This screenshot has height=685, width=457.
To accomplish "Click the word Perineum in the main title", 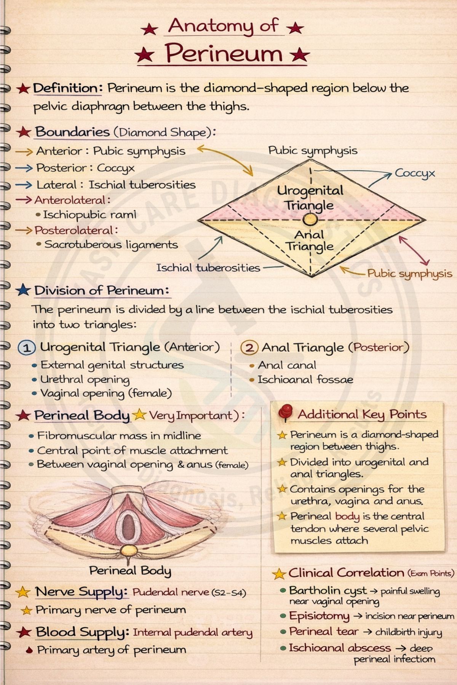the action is pyautogui.click(x=224, y=54).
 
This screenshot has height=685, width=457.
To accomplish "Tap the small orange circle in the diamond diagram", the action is pyautogui.click(x=310, y=220).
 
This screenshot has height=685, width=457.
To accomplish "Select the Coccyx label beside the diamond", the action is pyautogui.click(x=415, y=174).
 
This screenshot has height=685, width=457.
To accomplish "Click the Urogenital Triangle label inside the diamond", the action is pyautogui.click(x=310, y=198).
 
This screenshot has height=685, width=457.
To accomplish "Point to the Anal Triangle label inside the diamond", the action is pyautogui.click(x=310, y=241).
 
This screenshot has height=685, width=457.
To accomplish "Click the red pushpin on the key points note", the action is pyautogui.click(x=285, y=414).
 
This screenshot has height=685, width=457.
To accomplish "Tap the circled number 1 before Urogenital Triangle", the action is pyautogui.click(x=27, y=348).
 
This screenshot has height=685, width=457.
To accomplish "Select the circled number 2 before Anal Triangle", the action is pyautogui.click(x=249, y=348).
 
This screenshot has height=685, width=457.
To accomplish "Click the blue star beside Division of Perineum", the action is pyautogui.click(x=24, y=290).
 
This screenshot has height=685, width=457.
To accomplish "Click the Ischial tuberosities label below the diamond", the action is pyautogui.click(x=208, y=268).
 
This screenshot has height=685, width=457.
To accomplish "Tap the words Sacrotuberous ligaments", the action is pyautogui.click(x=111, y=245).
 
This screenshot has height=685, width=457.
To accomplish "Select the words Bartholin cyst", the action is pyautogui.click(x=328, y=591).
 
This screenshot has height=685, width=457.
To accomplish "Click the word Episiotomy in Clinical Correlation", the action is pyautogui.click(x=319, y=616).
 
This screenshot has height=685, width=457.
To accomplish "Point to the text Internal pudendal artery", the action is pyautogui.click(x=192, y=632).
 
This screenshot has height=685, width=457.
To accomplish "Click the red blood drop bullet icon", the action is pyautogui.click(x=29, y=650).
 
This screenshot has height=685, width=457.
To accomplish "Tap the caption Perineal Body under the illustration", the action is pyautogui.click(x=130, y=570).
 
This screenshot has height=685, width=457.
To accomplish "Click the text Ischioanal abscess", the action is pyautogui.click(x=340, y=648).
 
